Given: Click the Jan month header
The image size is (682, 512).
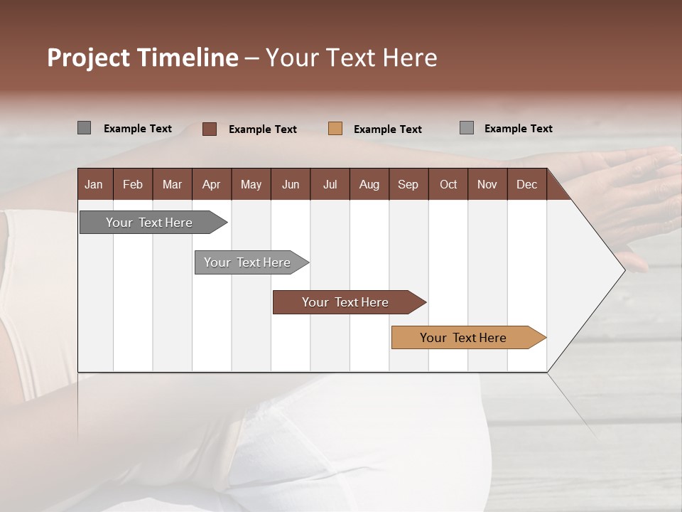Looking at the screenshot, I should [x=94, y=184].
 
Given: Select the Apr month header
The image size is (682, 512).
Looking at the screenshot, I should [x=211, y=184].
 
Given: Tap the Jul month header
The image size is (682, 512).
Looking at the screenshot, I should [x=330, y=184].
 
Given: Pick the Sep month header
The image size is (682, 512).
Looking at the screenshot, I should [x=408, y=184].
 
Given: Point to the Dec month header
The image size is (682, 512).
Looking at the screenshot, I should [x=526, y=184].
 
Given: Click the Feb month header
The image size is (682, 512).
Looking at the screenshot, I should [x=133, y=184].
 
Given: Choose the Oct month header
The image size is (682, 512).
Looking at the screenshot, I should [x=448, y=184].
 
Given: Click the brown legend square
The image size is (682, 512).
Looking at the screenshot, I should [x=210, y=129].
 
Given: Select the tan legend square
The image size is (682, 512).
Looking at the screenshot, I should [x=335, y=129].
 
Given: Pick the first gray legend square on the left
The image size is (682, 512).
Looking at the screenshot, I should [x=84, y=128].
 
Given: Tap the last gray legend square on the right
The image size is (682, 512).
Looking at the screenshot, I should [x=467, y=128].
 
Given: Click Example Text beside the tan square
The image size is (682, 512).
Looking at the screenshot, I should [x=387, y=129].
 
